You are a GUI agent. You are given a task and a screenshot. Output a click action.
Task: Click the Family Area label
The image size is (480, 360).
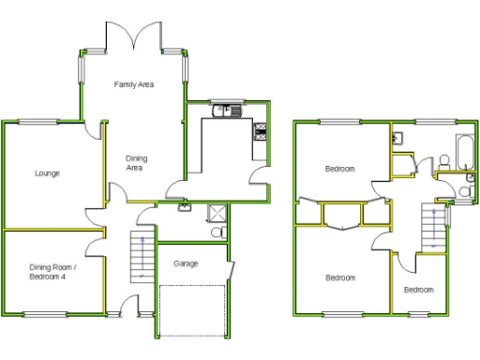pyautogui.click(x=134, y=84)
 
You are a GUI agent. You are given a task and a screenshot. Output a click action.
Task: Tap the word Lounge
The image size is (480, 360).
pyautogui.click(x=47, y=173)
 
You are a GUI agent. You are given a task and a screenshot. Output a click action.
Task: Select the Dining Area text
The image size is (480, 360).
pyautogui.click(x=136, y=163)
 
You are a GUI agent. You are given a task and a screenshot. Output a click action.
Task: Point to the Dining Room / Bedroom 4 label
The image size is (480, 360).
pyautogui.click(x=52, y=272)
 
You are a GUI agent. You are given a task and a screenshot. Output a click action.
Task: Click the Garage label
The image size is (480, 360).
pyautogui.click(x=186, y=263)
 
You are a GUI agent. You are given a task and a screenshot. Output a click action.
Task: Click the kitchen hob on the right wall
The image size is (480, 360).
pyautogui.click(x=259, y=135)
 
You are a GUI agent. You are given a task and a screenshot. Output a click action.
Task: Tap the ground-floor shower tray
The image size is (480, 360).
pyautogui.click(x=216, y=211)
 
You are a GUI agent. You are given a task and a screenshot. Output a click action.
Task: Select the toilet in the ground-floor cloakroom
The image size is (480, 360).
pyautogui.click(x=217, y=231)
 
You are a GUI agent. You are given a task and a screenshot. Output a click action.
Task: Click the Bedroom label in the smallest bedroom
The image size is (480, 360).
pyautogui.click(x=418, y=290)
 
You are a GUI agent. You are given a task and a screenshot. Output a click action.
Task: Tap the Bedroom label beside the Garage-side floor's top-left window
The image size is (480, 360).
pyautogui.click(x=339, y=169)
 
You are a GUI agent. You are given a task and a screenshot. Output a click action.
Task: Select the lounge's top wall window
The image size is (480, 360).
pyautogui.click(x=37, y=121)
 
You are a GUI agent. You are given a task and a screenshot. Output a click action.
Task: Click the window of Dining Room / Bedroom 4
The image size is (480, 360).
pyautogui.click(x=39, y=313)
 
